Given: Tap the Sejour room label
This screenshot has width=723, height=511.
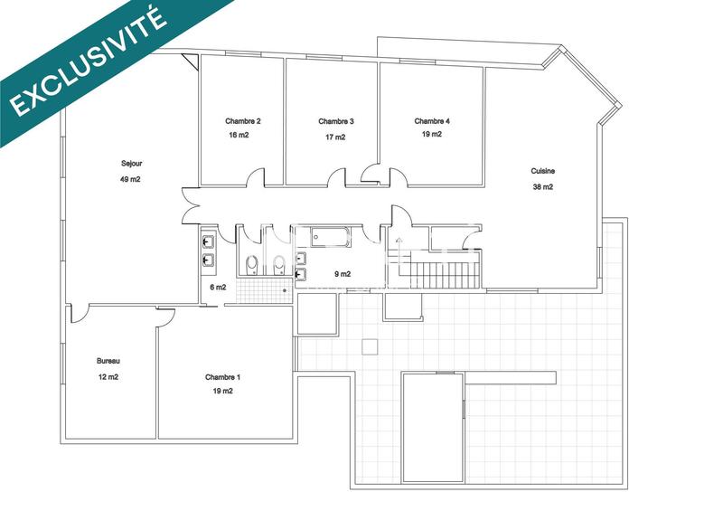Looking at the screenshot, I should (132, 164).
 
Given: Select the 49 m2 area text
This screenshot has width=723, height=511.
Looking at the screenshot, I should (130, 179).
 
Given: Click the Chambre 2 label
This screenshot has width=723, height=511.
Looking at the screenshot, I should (243, 121).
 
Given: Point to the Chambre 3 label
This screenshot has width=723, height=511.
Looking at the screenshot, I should (336, 121).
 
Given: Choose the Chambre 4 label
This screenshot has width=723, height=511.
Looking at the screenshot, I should (432, 121).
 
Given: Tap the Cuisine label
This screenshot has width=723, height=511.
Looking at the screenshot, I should (543, 171).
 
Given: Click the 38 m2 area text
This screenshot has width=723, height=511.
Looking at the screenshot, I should (543, 187).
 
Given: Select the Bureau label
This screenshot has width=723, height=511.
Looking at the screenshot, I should (108, 361).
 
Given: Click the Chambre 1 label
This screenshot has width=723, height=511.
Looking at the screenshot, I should (223, 376).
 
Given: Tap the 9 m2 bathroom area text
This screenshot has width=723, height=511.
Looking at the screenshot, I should (343, 274).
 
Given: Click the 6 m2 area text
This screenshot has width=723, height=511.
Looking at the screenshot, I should (218, 287).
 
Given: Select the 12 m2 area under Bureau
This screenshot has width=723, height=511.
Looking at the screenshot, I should (108, 377).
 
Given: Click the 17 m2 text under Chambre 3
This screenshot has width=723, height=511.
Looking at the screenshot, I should (334, 137).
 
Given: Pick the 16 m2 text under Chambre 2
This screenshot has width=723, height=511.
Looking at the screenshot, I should (239, 136).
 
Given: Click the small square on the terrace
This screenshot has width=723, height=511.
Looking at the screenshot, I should (368, 345).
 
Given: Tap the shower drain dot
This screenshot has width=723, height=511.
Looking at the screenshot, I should (285, 290).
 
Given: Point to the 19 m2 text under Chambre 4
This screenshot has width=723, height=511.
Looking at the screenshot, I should (431, 135).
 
